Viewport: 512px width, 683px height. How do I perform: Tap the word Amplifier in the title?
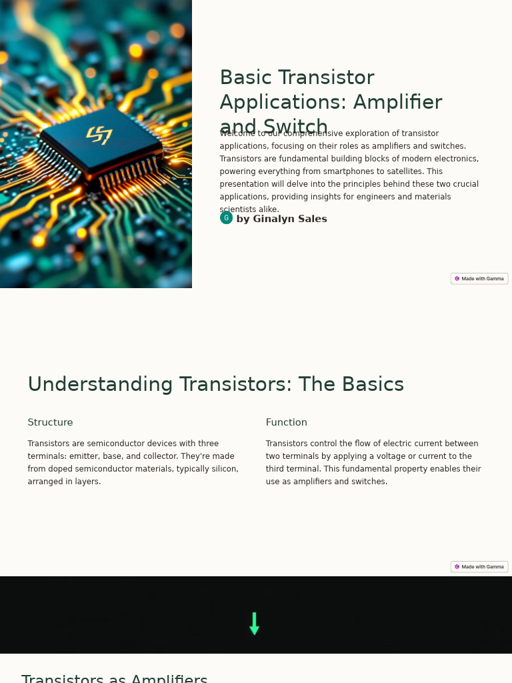(397, 103)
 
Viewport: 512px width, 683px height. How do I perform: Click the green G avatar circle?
(226, 218)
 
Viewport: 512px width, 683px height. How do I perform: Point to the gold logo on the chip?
(99, 135)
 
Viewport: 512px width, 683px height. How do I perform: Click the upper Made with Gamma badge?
(479, 279)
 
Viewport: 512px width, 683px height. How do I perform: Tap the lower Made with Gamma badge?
(479, 567)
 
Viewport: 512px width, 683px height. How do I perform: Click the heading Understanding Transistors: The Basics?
(215, 385)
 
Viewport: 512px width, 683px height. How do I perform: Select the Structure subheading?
(50, 423)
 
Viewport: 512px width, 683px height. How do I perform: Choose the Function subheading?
(286, 423)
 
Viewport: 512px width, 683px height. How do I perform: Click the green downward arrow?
(254, 624)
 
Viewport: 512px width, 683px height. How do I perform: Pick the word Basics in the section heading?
(372, 385)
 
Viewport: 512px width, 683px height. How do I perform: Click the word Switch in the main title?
(295, 126)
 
